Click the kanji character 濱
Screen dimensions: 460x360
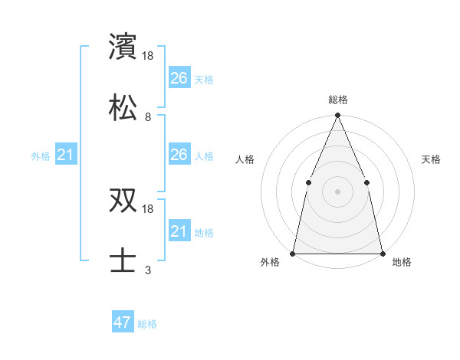pyautogui.click(x=124, y=47)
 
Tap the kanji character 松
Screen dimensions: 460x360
pyautogui.click(x=124, y=107)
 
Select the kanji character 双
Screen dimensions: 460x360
pyautogui.click(x=124, y=200)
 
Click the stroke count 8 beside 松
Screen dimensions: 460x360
pyautogui.click(x=148, y=117)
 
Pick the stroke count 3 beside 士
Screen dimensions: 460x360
pyautogui.click(x=148, y=270)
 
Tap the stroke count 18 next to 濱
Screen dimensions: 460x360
pyautogui.click(x=149, y=57)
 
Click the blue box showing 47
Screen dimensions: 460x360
pyautogui.click(x=123, y=322)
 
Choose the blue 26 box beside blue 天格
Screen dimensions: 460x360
pyautogui.click(x=179, y=77)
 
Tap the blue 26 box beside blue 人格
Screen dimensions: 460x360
pyautogui.click(x=179, y=155)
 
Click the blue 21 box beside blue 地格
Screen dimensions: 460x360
pyautogui.click(x=179, y=231)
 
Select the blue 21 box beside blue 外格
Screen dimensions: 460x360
pyautogui.click(x=66, y=155)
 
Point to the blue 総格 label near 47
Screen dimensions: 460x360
pyautogui.click(x=147, y=324)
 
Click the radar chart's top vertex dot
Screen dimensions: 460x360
pyautogui.click(x=337, y=116)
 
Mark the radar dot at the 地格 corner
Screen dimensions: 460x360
pyautogui.click(x=382, y=253)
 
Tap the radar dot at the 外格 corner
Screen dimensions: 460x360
pyautogui.click(x=293, y=253)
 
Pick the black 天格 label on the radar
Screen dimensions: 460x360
pyautogui.click(x=431, y=159)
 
